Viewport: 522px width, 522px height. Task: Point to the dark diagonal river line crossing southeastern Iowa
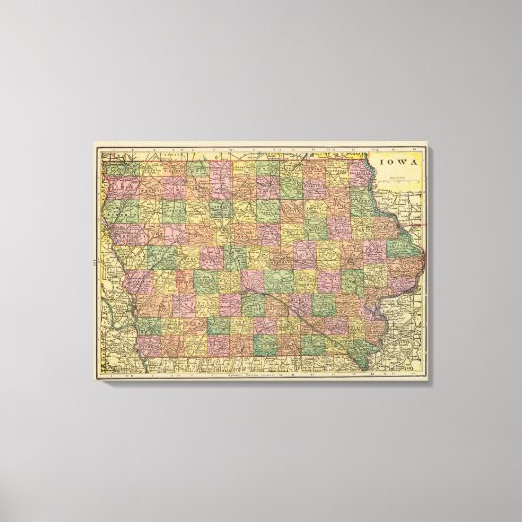click(313, 315)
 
